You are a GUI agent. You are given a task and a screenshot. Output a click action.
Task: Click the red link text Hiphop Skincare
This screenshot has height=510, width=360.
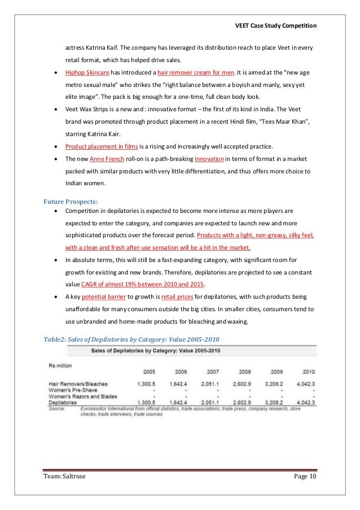(86, 73)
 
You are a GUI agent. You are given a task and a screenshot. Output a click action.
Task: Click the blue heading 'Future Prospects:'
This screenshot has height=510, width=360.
(71, 201)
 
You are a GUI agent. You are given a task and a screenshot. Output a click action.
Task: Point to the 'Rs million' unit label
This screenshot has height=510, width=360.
(60, 365)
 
